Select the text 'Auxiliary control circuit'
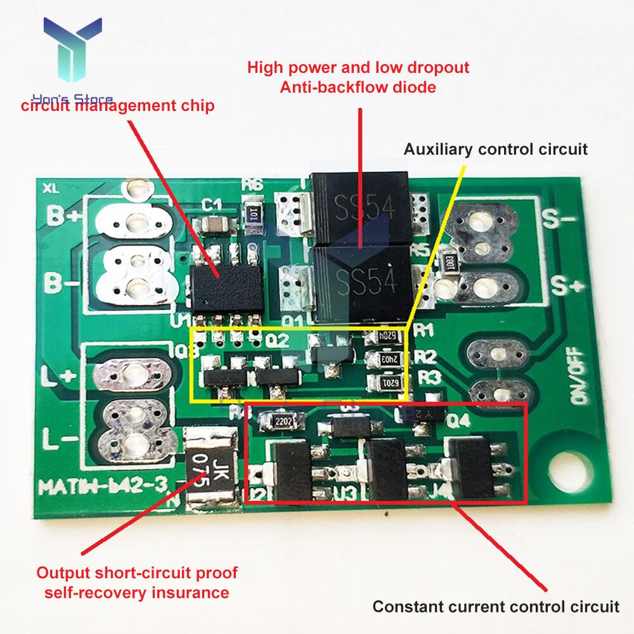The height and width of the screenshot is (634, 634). (496, 149)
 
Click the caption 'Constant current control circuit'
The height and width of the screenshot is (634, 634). (495, 606)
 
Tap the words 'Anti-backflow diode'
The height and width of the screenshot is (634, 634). (358, 87)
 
